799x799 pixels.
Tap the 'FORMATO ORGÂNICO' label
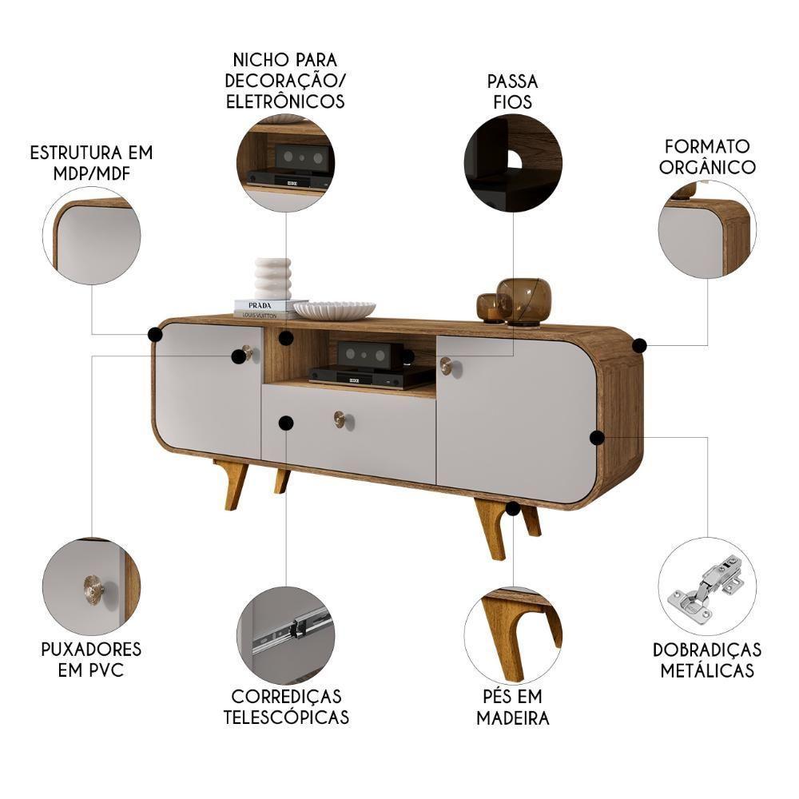tap(708, 156)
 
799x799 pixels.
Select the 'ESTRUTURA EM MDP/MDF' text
tap(91, 162)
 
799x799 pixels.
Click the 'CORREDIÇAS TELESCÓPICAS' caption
tap(286, 706)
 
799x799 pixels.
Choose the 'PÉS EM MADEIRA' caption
tap(513, 706)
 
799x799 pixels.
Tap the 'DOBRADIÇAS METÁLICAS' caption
tap(707, 659)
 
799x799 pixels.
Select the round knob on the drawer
tap(340, 419)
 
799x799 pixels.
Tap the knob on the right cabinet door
tap(446, 366)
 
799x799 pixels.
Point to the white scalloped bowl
tap(335, 309)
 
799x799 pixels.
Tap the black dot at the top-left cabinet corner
tap(155, 334)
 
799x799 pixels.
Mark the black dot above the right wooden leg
tap(513, 508)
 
